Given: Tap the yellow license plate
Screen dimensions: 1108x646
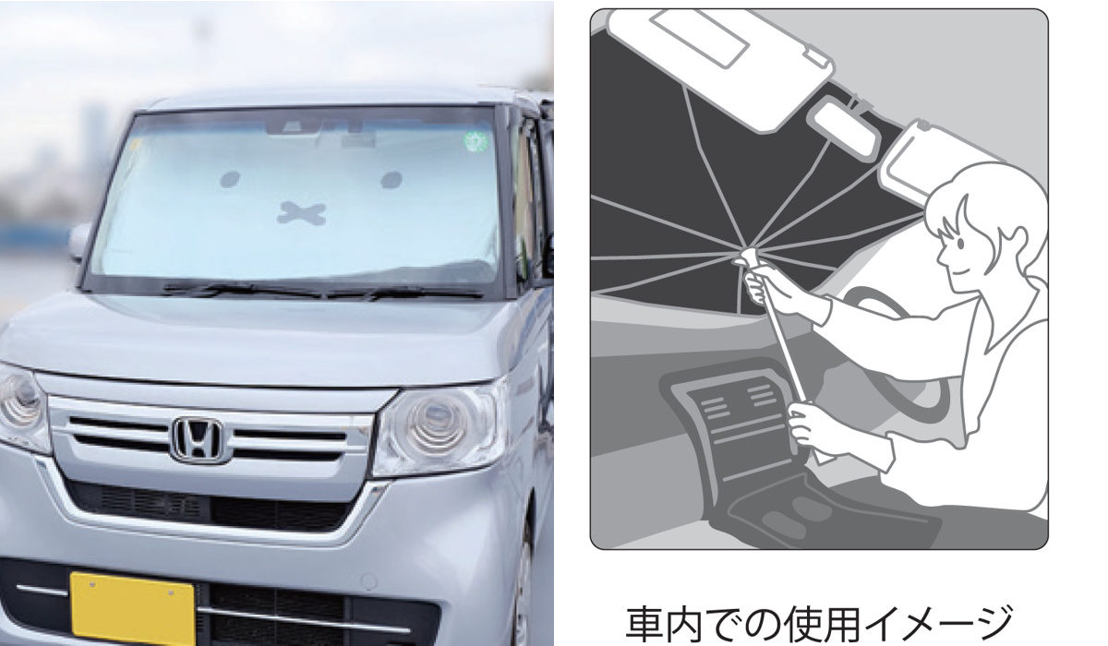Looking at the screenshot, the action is coord(133,608).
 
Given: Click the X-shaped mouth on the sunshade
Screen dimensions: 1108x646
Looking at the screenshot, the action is coord(302,212).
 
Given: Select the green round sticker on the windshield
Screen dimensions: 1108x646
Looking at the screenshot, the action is coord(476,142).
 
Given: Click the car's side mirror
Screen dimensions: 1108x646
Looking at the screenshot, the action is coord(79,242).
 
